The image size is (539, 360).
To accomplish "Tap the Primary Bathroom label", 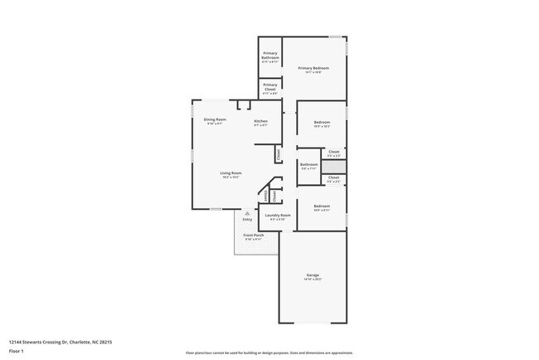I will pyautogui.click(x=270, y=57).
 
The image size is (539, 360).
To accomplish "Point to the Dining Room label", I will pyautogui.click(x=215, y=119).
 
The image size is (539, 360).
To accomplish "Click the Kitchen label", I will pyautogui.click(x=260, y=122).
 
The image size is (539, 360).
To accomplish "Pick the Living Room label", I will pyautogui.click(x=231, y=173).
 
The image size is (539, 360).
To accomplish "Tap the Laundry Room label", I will pyautogui.click(x=278, y=216).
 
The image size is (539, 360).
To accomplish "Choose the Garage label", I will pyautogui.click(x=313, y=275).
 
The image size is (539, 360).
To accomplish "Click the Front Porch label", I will pyautogui.click(x=254, y=236).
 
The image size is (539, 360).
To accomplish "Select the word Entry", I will pyautogui.click(x=247, y=220).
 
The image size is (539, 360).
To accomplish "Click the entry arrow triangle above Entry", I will pyautogui.click(x=247, y=212).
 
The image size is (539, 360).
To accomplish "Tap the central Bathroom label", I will pyautogui.click(x=309, y=164).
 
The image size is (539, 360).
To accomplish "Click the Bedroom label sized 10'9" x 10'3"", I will pyautogui.click(x=322, y=123).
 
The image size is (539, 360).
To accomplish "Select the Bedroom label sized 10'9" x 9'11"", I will pyautogui.click(x=322, y=206).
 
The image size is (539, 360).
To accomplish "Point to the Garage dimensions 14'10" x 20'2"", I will pyautogui.click(x=313, y=280).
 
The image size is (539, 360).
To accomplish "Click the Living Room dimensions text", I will pyautogui.click(x=231, y=178).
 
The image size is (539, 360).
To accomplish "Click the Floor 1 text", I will pyautogui.click(x=17, y=351).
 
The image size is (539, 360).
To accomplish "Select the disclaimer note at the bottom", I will pyautogui.click(x=269, y=353).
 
